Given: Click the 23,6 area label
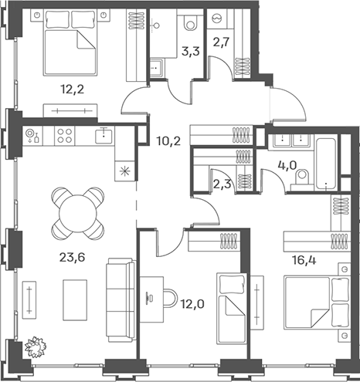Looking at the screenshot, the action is coord(72,257).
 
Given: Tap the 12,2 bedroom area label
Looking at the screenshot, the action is coord(73,90).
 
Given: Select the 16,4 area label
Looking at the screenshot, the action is coord(304,260).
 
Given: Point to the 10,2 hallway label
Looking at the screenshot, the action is coord(168,141).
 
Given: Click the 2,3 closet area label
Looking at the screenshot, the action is coord(222,184).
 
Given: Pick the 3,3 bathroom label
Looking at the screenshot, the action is coord(191,52).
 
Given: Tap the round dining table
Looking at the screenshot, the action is coord(78,214).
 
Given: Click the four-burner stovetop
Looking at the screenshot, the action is coord(65,136).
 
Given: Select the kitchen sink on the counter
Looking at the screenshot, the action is coord(104,136).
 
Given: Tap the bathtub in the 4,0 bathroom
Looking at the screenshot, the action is coord(326,164).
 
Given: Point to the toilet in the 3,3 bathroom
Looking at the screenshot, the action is coord(190,22).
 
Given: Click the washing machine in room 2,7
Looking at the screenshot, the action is coord(217,19).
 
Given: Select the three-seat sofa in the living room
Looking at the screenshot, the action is coord(121,300).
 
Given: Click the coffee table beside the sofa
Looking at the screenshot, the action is coord(75,300).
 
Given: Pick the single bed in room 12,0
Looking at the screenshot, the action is coord(232,308).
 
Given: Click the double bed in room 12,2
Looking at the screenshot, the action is coord(70,42).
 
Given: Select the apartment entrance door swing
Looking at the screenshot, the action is coord(289,104).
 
